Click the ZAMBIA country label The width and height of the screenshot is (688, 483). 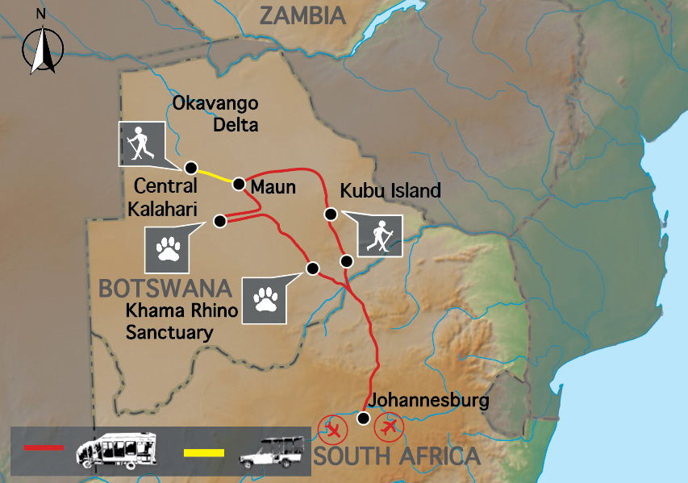(x=298, y=15)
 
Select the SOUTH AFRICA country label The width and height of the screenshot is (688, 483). (x=396, y=456)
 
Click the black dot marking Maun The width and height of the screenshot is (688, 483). (x=239, y=184)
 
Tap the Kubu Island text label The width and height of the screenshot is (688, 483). (x=390, y=191)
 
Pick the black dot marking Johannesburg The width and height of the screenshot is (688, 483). (x=364, y=418)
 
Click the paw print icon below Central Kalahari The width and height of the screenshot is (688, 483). (x=168, y=249)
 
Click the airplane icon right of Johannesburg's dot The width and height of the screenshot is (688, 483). (x=390, y=425)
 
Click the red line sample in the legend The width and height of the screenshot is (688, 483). (x=44, y=447)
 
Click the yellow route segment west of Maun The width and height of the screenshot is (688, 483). (x=215, y=175)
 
